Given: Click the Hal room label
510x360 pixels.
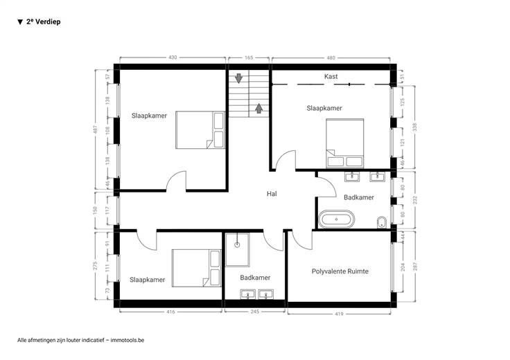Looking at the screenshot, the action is point(272,194).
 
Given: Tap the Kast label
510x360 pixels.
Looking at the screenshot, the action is point(331,76).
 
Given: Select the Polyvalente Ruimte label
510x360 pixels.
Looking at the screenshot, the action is point(340,271).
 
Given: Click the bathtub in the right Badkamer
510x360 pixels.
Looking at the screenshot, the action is point(336,219).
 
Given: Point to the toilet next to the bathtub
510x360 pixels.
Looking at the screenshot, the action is point(382,222).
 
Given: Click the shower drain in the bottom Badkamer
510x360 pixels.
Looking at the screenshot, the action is point(237,244).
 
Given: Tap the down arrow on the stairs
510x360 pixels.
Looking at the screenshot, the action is point(239,78).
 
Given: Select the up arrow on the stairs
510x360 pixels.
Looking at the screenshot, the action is point(259,109).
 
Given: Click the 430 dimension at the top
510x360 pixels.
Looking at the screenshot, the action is point(173,57).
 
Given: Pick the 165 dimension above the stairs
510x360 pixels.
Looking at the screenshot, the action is point(249,57).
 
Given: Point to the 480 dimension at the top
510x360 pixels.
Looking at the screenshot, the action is point(331,58).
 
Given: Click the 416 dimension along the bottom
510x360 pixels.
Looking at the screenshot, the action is point(170,312).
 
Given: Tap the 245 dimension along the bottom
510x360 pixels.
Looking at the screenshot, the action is point(255,312).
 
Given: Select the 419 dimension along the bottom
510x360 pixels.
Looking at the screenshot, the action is point(339,314).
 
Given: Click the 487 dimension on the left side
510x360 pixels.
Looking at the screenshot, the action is point(95,129).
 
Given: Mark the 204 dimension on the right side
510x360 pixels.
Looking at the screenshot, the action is point(403,267).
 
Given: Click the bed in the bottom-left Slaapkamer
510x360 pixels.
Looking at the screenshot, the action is point(197,268).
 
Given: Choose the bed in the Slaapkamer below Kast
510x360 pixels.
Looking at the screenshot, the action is point(345,143).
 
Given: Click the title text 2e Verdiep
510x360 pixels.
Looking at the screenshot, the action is point(43,21).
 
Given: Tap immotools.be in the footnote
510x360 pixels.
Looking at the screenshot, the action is point(127,340).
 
